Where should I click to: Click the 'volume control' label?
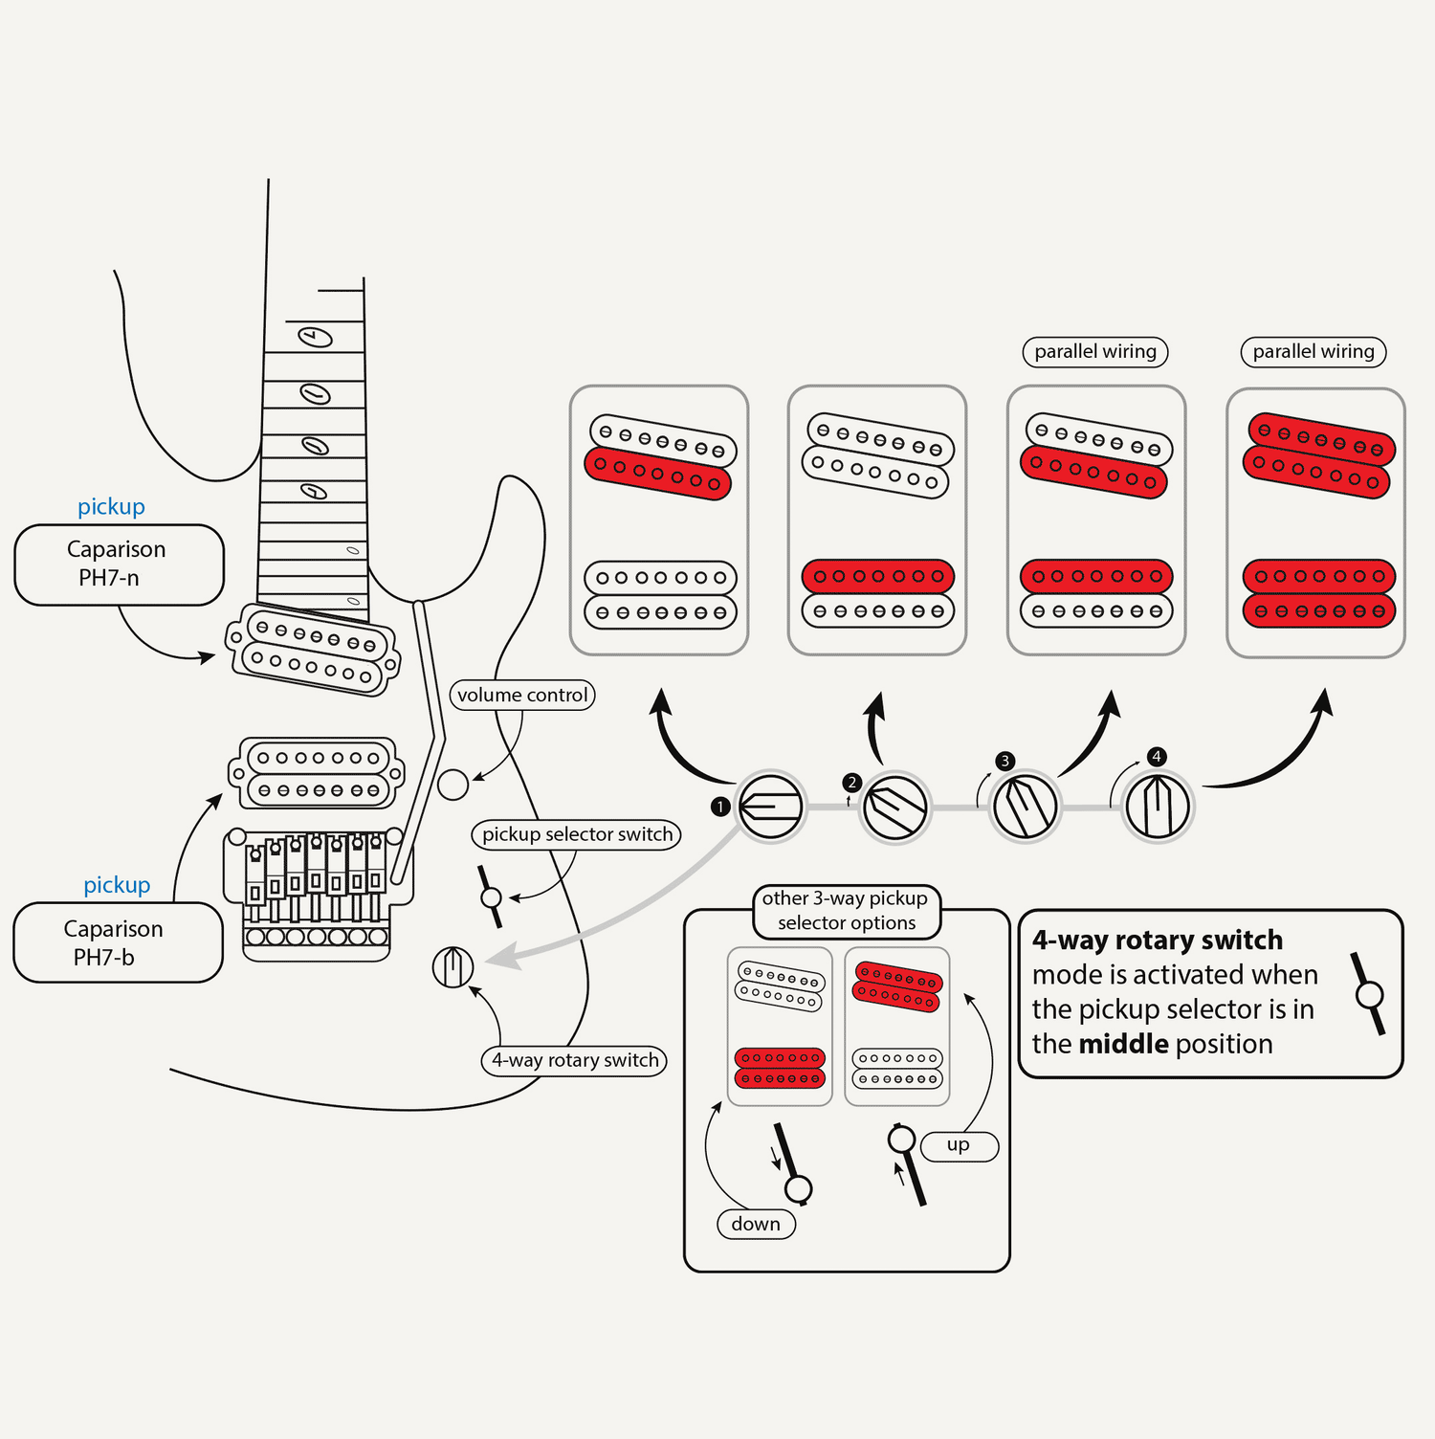click(522, 695)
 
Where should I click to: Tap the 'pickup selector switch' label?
click(577, 834)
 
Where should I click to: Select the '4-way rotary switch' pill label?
click(574, 1060)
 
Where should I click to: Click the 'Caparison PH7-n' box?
click(119, 565)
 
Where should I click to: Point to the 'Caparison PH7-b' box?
click(118, 942)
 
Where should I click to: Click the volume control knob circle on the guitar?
click(453, 785)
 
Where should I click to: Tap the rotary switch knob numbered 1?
click(771, 806)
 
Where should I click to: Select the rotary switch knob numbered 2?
click(895, 808)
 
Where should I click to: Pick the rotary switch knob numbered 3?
click(1025, 807)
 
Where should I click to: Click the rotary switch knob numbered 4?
click(1158, 807)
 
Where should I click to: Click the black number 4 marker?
click(1157, 757)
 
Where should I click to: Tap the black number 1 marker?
click(720, 807)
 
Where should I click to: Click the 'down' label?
click(756, 1224)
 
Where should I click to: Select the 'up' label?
click(959, 1145)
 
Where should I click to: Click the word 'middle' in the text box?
click(1124, 1044)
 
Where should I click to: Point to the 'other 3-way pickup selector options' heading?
click(846, 911)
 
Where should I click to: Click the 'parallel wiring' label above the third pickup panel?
click(1095, 351)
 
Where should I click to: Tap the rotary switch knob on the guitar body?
click(453, 966)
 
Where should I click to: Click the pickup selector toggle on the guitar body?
click(491, 897)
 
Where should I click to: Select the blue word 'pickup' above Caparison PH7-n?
click(111, 506)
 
